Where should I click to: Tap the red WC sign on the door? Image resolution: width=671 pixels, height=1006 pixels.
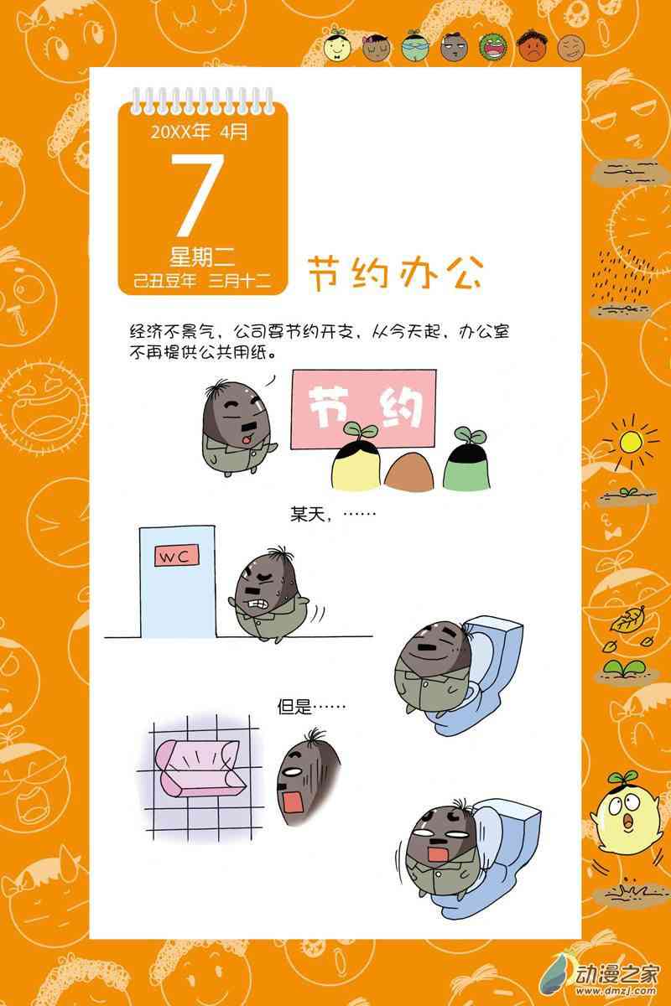click(x=177, y=556)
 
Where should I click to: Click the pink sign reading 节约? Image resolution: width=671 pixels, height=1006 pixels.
click(x=363, y=408)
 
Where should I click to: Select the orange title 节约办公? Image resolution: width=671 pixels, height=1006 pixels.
click(x=396, y=272)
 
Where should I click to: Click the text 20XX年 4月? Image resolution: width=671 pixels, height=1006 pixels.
click(x=199, y=132)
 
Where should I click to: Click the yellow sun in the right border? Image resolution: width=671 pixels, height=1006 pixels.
click(x=631, y=443)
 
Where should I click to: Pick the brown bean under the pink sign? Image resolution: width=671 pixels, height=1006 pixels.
click(x=410, y=470)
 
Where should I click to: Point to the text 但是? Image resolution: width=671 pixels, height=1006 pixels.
click(x=294, y=707)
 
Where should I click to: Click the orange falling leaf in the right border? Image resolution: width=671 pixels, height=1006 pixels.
click(x=628, y=620)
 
